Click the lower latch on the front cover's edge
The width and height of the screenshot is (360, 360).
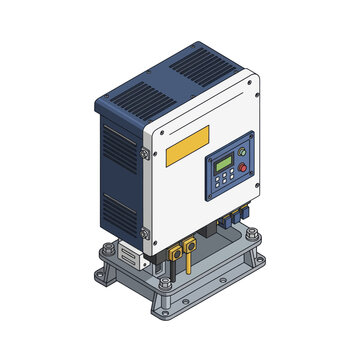pos(145,233)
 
